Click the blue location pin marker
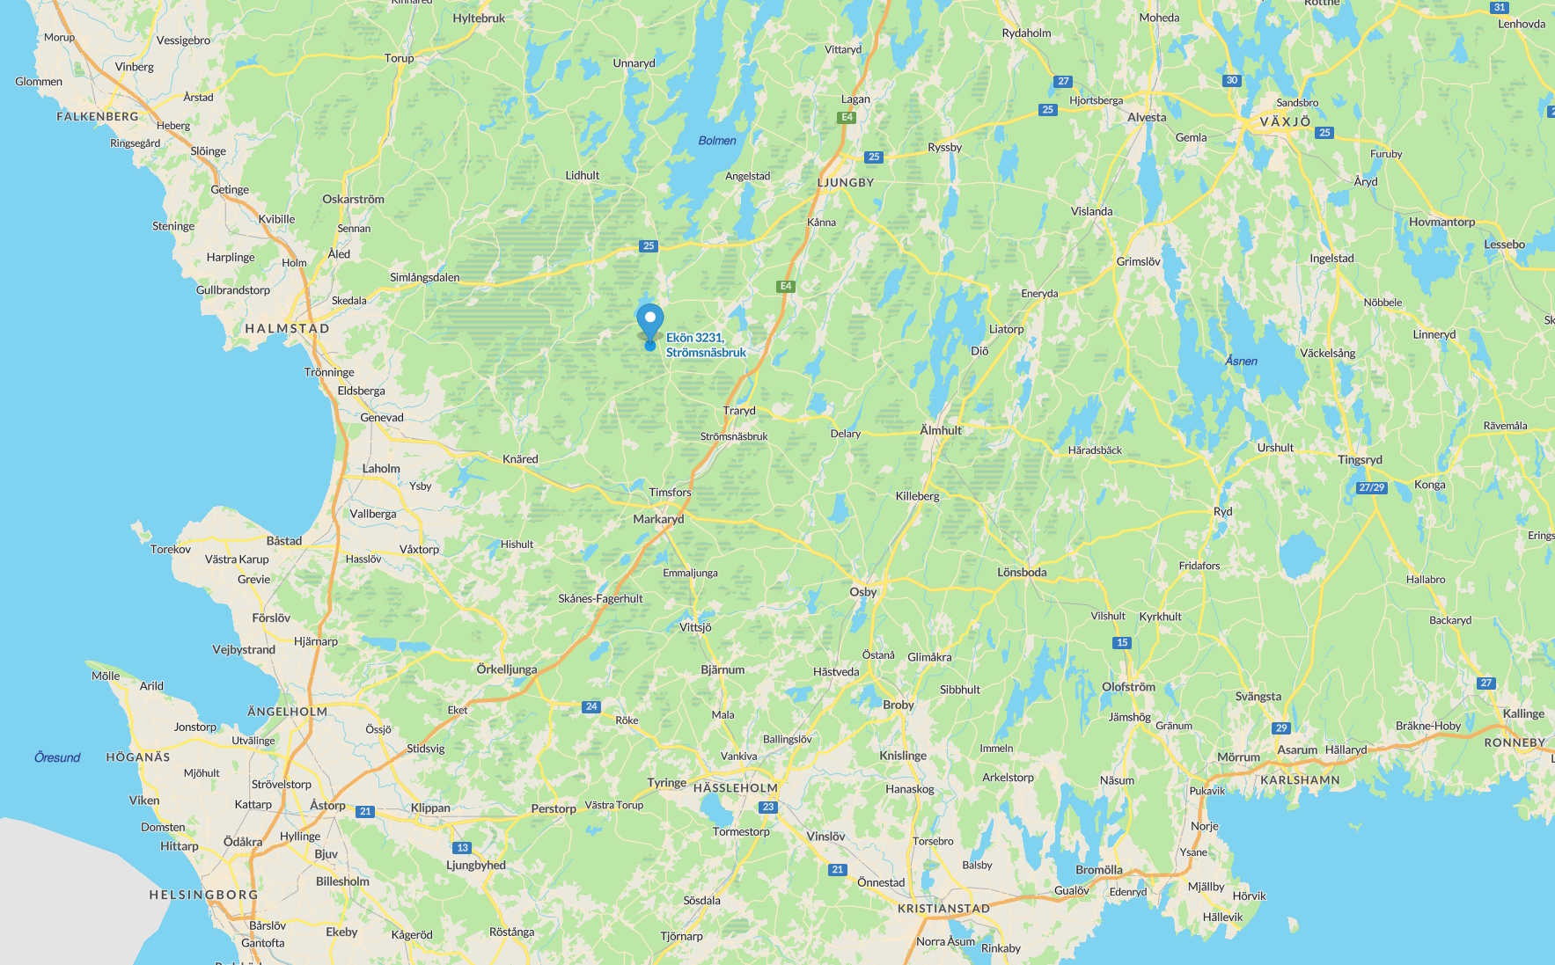[x=650, y=322]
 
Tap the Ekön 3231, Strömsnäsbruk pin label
[x=706, y=345]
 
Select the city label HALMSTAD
[x=287, y=328]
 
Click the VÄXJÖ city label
[x=1285, y=121]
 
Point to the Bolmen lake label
[x=717, y=141]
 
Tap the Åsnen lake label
[x=1241, y=361]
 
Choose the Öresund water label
[x=57, y=757]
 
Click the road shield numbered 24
[x=591, y=706]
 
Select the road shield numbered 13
[x=463, y=848]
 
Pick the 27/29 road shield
[x=1371, y=487]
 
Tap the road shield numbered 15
[x=1122, y=642]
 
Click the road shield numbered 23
[x=768, y=807]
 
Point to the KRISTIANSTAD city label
[x=943, y=909]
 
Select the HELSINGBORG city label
[x=203, y=895]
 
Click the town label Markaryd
[x=658, y=519]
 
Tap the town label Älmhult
[x=941, y=430]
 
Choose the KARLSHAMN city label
[x=1300, y=780]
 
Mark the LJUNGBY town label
[x=846, y=183]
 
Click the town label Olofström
[x=1128, y=687]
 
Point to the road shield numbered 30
[x=1231, y=80]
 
